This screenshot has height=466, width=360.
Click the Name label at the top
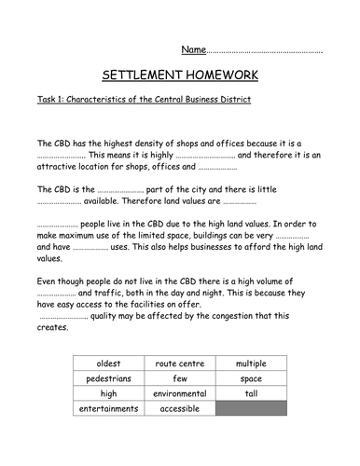192,48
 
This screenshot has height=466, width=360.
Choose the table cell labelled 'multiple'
251,362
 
